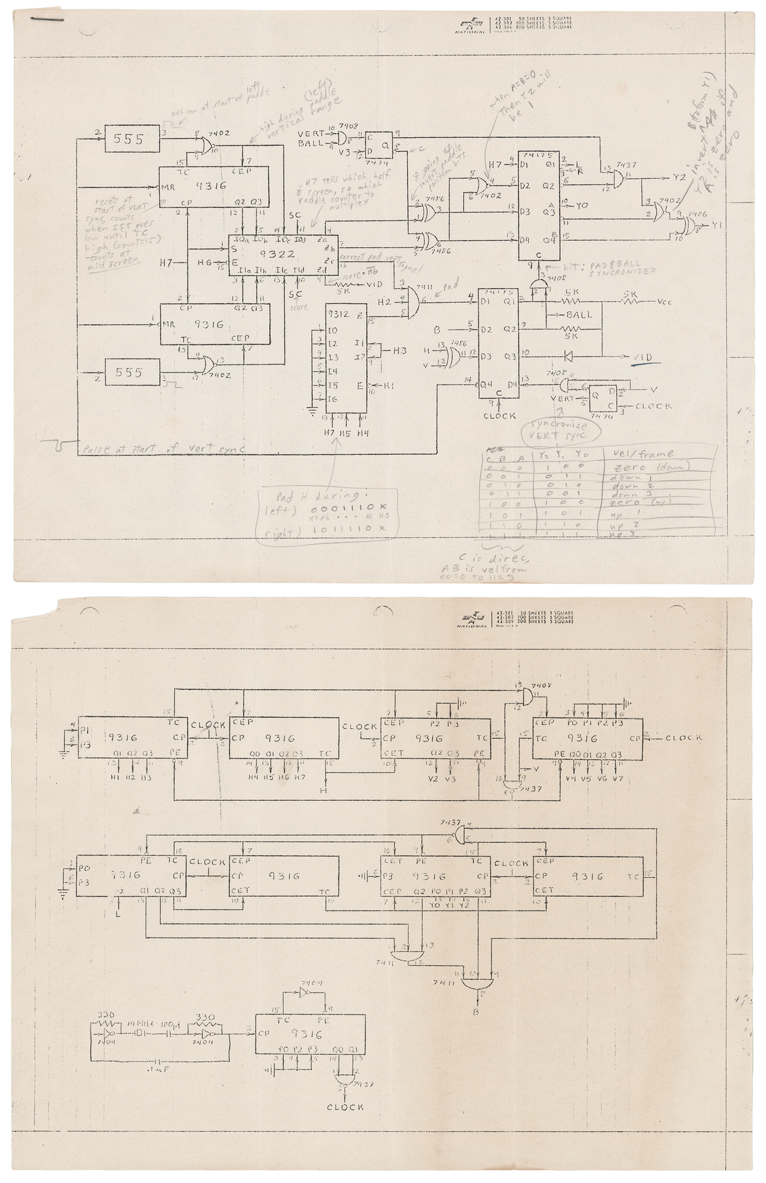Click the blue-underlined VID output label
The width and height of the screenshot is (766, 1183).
(642, 358)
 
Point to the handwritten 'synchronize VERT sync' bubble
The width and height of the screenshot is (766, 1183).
(560, 430)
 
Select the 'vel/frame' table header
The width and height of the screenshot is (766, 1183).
(641, 454)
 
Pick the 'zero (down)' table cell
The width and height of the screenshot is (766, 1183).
(649, 467)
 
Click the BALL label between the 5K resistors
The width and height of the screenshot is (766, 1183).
(578, 315)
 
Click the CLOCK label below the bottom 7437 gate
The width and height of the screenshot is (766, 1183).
(345, 1107)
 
